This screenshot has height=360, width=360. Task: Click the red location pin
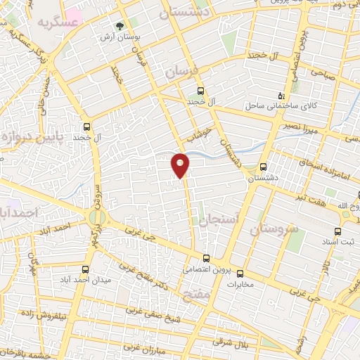coord(181,165)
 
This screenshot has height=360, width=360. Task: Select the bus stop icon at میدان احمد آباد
coord(86,269)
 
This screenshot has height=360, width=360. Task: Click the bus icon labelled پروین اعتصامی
coord(205,257)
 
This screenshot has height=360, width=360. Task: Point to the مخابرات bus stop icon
coord(239,274)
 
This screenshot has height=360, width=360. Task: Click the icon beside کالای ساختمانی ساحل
coord(281,96)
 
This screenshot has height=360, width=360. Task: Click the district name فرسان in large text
coord(183,72)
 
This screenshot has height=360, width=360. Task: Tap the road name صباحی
coord(323,72)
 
